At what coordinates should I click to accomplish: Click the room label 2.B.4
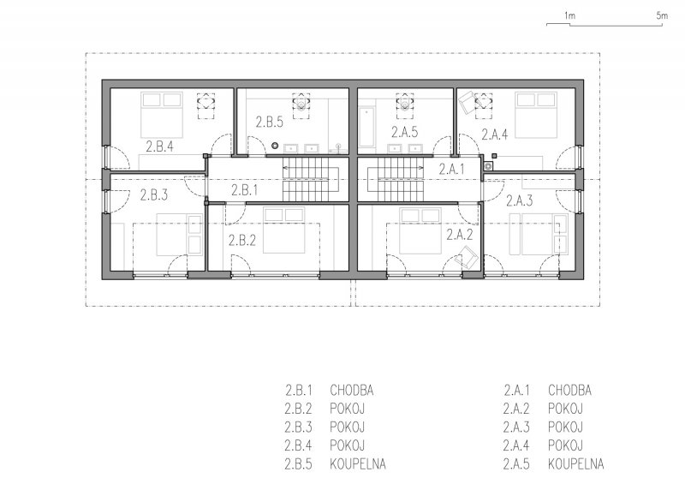(x=159, y=146)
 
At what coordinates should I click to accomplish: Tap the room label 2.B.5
(x=269, y=122)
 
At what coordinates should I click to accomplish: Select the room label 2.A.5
(x=404, y=132)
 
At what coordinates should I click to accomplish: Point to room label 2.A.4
(x=495, y=134)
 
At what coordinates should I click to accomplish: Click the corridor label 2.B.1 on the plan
(x=245, y=190)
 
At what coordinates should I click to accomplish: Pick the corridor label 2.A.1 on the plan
(x=452, y=170)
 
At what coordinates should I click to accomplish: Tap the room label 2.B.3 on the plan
(x=154, y=195)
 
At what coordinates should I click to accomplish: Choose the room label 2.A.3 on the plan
(x=520, y=200)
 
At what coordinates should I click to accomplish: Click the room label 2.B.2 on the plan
(x=242, y=240)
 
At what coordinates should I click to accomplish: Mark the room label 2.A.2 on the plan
(x=460, y=235)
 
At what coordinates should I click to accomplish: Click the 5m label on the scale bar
(x=662, y=15)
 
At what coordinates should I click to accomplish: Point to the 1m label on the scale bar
(x=569, y=15)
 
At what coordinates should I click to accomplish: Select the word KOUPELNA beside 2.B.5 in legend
(x=358, y=464)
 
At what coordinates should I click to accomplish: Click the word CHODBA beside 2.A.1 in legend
(x=569, y=391)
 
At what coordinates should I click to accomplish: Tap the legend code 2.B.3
(x=298, y=427)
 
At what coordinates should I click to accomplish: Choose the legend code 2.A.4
(x=516, y=445)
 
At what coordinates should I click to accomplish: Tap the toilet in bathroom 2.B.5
(x=301, y=103)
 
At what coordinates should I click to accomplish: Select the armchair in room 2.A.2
(x=466, y=257)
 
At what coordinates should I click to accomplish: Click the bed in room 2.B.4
(x=162, y=115)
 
